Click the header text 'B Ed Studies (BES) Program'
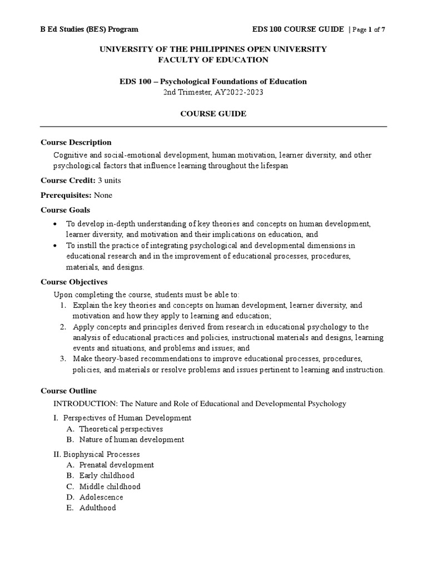(x=90, y=29)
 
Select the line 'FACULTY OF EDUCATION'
(x=213, y=60)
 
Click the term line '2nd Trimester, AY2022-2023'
(x=213, y=92)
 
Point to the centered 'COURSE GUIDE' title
(x=213, y=113)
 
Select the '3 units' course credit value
(x=109, y=181)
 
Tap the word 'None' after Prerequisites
(x=103, y=195)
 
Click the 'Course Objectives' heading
(x=74, y=282)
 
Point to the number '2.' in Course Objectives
(x=63, y=327)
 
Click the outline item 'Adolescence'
(x=101, y=497)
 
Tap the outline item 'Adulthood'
(x=97, y=508)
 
